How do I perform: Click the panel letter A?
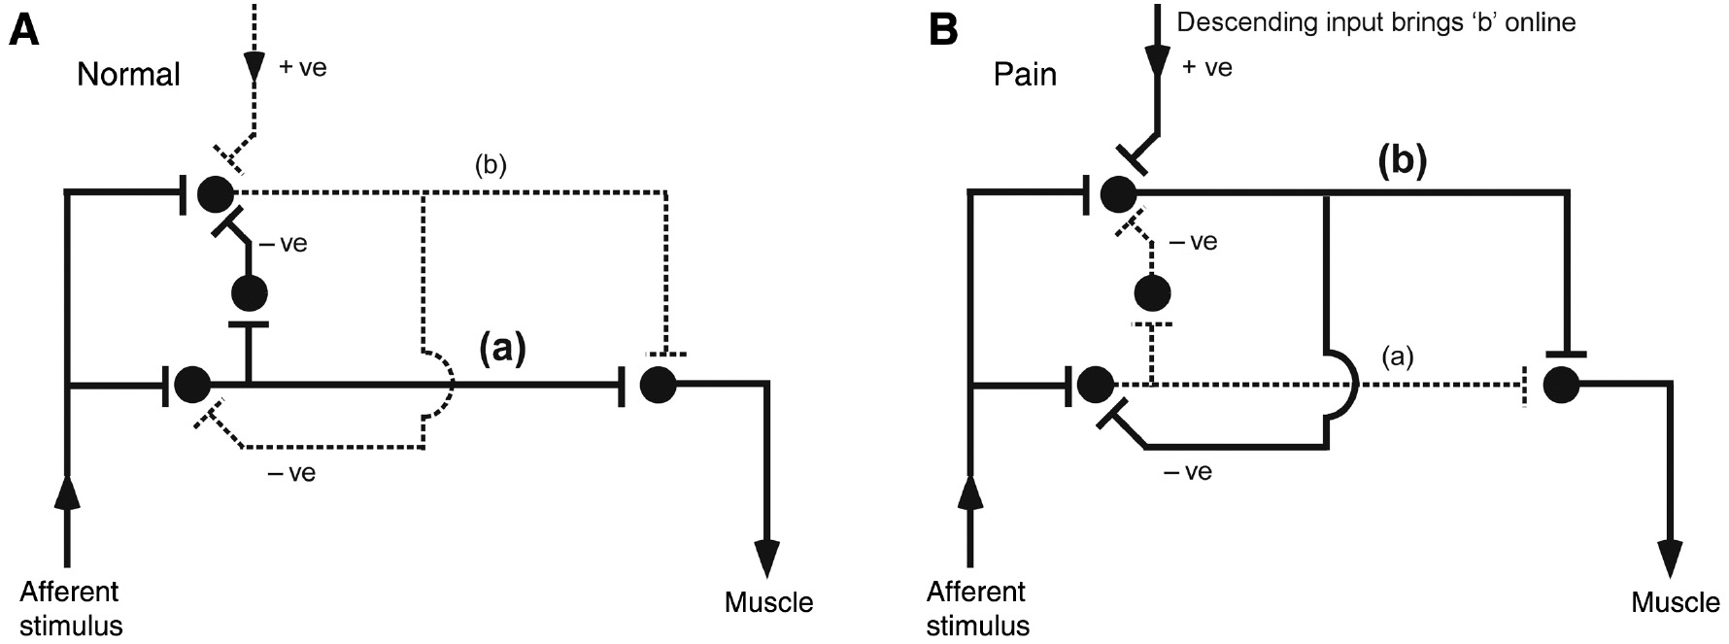coord(25,31)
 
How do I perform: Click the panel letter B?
coord(943,31)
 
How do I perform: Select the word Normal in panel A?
coord(128,75)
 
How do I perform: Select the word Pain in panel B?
coord(1025,75)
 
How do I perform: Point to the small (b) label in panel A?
coord(491,166)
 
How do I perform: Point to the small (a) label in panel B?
coord(1397,357)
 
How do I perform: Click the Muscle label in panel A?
coord(768,602)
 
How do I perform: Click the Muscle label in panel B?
coord(1675,602)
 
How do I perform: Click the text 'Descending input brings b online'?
coord(1375,22)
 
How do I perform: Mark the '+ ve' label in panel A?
coord(302,68)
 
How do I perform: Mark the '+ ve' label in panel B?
coord(1207,68)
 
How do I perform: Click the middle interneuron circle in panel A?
coord(250,292)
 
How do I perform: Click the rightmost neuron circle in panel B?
coord(1560,386)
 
